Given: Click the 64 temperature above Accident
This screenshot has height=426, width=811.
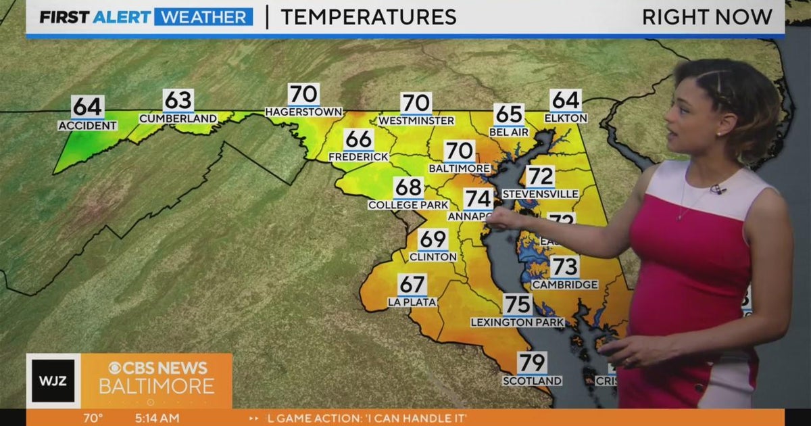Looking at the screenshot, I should (87, 107).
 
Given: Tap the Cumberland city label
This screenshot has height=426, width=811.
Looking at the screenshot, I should (178, 118).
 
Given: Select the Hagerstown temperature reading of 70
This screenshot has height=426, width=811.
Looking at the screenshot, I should (303, 95).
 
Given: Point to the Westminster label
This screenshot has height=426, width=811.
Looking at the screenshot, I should (416, 120).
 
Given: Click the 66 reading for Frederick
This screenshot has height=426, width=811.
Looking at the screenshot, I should (358, 140).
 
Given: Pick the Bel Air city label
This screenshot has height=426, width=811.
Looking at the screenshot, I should (508, 132).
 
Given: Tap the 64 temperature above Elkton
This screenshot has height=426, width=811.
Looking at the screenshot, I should (566, 101).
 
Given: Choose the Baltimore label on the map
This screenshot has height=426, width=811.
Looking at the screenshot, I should (459, 168).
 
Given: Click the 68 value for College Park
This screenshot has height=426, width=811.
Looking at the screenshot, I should (408, 187).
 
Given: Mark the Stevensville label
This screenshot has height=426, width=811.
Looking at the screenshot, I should (540, 194).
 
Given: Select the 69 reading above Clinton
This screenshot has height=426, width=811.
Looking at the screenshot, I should (433, 239).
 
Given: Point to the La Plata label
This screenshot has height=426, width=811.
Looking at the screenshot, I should (412, 302).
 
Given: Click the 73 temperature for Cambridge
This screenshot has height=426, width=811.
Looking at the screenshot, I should (564, 267).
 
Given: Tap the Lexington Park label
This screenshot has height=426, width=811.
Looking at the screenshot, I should (517, 323).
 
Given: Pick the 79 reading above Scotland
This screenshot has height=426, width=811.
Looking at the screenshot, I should (532, 364).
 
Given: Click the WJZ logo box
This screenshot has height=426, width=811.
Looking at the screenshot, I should (53, 381).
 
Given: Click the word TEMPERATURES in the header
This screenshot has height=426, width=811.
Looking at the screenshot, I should (368, 17).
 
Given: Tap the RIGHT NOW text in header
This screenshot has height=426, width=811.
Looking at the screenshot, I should (707, 17).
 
